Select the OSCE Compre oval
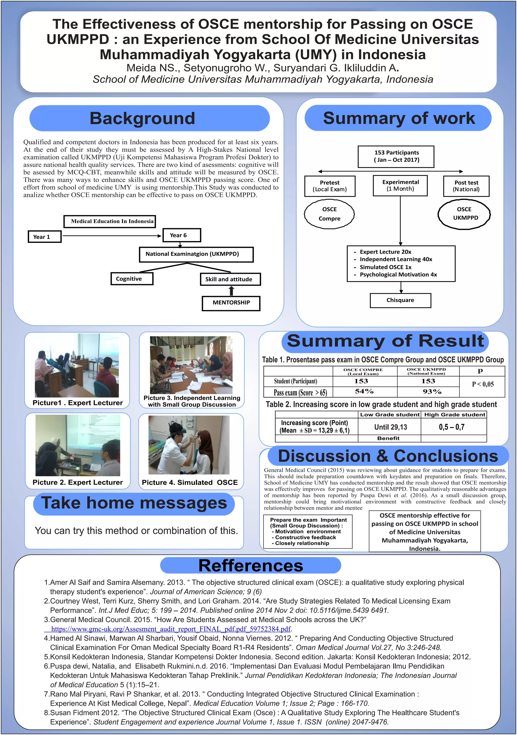point(329,214)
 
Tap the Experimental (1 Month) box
point(400,185)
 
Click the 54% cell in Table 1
point(364,391)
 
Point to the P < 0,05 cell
point(482,384)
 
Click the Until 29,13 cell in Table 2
point(390,427)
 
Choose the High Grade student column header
point(455,414)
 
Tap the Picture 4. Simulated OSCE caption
point(190,482)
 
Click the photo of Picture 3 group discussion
point(191,365)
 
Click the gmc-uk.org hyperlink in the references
point(171,629)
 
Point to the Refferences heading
point(251,566)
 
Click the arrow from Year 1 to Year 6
point(112,236)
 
